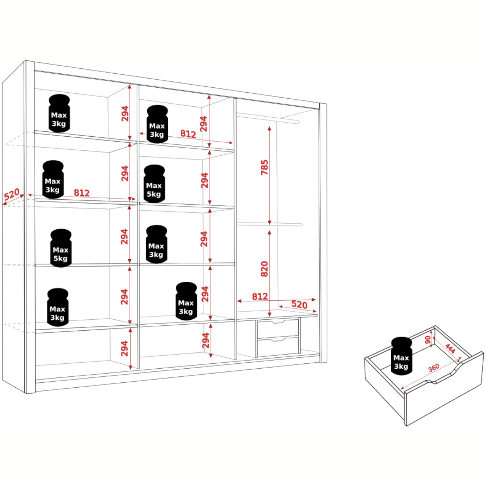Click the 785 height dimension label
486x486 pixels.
tap(265, 167)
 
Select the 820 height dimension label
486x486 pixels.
tap(265, 269)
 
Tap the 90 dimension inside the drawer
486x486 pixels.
tap(428, 340)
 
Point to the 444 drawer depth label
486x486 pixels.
tap(450, 349)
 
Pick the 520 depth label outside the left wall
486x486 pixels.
tap(12, 194)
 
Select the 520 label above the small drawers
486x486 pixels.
tap(299, 305)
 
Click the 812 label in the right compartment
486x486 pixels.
tap(260, 296)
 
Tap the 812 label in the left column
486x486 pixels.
tap(82, 193)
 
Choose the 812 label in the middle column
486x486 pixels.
tap(188, 134)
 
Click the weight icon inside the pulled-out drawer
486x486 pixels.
tap(401, 356)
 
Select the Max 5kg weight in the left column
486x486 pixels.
tap(61, 248)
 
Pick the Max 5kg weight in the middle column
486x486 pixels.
tap(155, 184)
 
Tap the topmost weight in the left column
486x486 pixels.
tap(59, 113)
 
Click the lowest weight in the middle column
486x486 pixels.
tap(186, 301)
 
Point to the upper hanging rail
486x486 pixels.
tap(268, 118)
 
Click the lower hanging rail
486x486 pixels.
tap(269, 224)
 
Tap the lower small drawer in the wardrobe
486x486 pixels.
tap(278, 347)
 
